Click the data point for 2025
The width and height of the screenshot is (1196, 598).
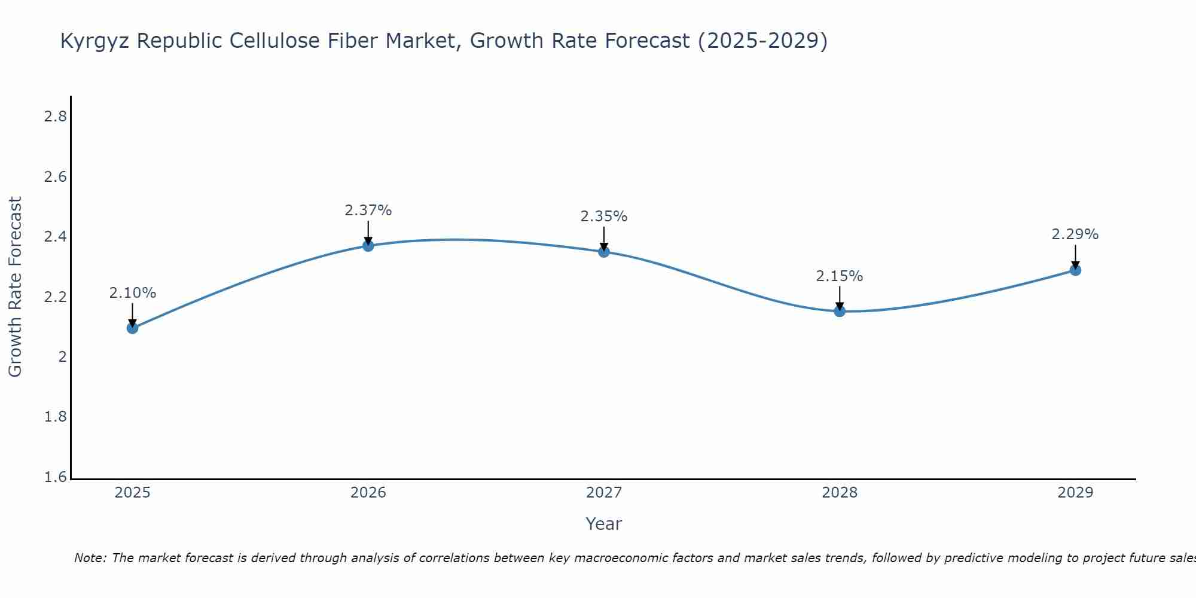(133, 328)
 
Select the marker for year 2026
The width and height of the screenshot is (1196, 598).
(368, 246)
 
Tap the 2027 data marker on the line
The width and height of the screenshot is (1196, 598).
(604, 252)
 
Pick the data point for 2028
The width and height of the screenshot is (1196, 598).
(840, 311)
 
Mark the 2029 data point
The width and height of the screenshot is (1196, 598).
(1075, 270)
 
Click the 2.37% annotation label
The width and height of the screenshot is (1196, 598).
(368, 210)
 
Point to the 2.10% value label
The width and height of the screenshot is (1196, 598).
(133, 293)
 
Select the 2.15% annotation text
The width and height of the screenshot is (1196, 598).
(840, 276)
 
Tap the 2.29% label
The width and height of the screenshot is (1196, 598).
(1075, 234)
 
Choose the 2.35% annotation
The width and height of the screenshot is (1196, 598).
(604, 216)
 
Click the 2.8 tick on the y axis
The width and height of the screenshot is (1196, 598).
(55, 117)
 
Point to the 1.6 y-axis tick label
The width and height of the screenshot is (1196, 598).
(55, 477)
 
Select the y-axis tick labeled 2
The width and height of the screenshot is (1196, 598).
(62, 357)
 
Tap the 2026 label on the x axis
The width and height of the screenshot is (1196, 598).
(368, 493)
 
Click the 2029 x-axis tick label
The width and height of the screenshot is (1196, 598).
(1075, 493)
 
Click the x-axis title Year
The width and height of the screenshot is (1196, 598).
(604, 524)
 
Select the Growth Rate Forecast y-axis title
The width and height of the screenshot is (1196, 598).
(16, 287)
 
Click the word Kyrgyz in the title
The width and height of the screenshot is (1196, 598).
(96, 41)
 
